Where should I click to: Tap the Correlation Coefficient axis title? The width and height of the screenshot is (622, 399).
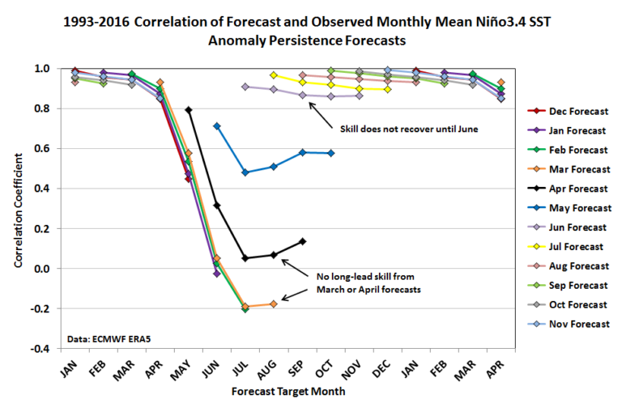(x=18, y=208)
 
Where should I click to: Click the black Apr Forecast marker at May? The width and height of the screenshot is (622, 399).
(x=189, y=110)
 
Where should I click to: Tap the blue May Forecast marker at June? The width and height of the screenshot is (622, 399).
(x=217, y=126)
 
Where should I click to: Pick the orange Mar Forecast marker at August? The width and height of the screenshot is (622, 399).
(x=274, y=303)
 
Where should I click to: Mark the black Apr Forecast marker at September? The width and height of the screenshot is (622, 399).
(x=302, y=241)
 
